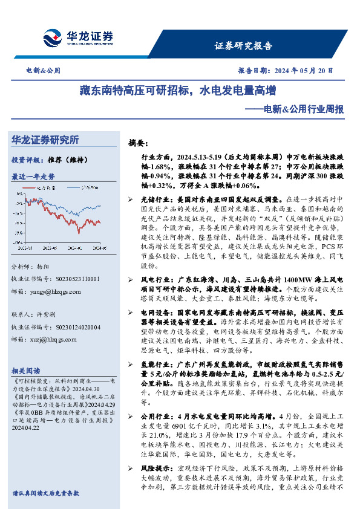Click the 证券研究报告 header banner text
point(243,46)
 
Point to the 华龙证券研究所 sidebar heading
point(45,140)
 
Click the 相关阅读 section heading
point(26,370)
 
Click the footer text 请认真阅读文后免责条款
point(45,493)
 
